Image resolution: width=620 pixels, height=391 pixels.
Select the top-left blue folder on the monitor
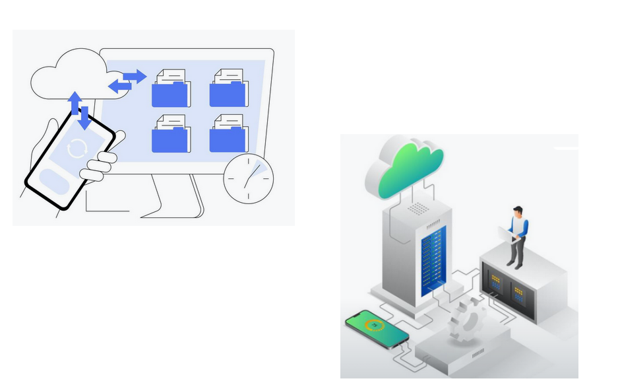tap(170, 89)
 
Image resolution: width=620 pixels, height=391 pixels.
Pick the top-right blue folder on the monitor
tap(228, 89)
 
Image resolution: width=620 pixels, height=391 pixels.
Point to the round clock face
tap(248, 178)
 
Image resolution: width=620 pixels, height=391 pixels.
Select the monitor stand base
tap(170, 210)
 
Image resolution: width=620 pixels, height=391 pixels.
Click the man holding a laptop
tap(517, 235)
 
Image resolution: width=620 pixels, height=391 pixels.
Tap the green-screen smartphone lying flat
tap(376, 328)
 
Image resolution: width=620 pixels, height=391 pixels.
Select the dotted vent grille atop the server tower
tap(417, 209)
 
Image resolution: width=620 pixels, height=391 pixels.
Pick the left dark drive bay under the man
tap(495, 285)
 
